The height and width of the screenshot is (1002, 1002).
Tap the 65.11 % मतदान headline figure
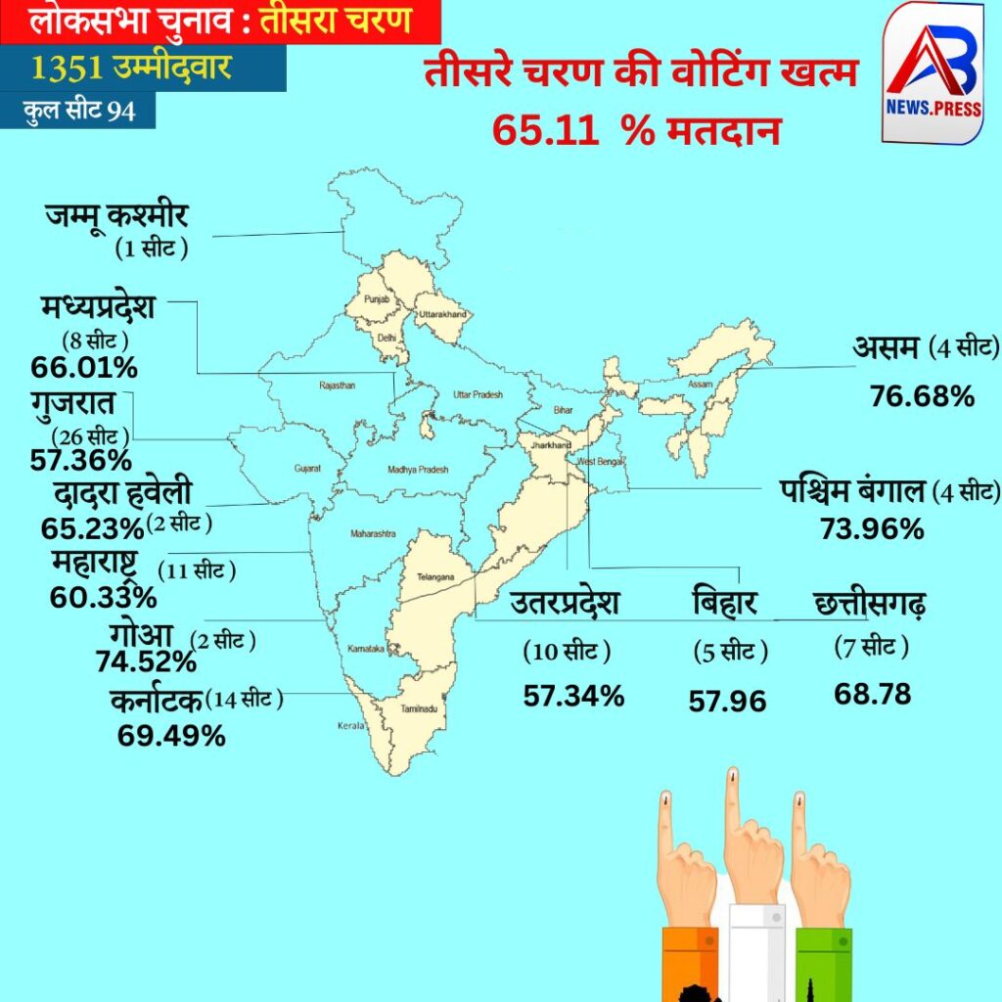click(x=636, y=130)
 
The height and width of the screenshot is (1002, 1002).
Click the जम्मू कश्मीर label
click(x=116, y=214)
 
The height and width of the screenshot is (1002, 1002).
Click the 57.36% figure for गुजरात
click(x=80, y=459)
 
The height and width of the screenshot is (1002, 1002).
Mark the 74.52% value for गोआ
click(x=146, y=662)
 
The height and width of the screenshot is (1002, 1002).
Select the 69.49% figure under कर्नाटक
click(x=171, y=735)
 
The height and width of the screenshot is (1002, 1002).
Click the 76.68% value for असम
click(x=922, y=396)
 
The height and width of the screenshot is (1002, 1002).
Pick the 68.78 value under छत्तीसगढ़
click(x=873, y=694)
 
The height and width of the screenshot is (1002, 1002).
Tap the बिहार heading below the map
click(x=724, y=602)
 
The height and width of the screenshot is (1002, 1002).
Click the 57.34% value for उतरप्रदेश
click(x=573, y=696)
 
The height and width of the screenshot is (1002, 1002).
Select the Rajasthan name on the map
click(x=337, y=386)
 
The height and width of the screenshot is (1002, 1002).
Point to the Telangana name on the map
click(x=435, y=577)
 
